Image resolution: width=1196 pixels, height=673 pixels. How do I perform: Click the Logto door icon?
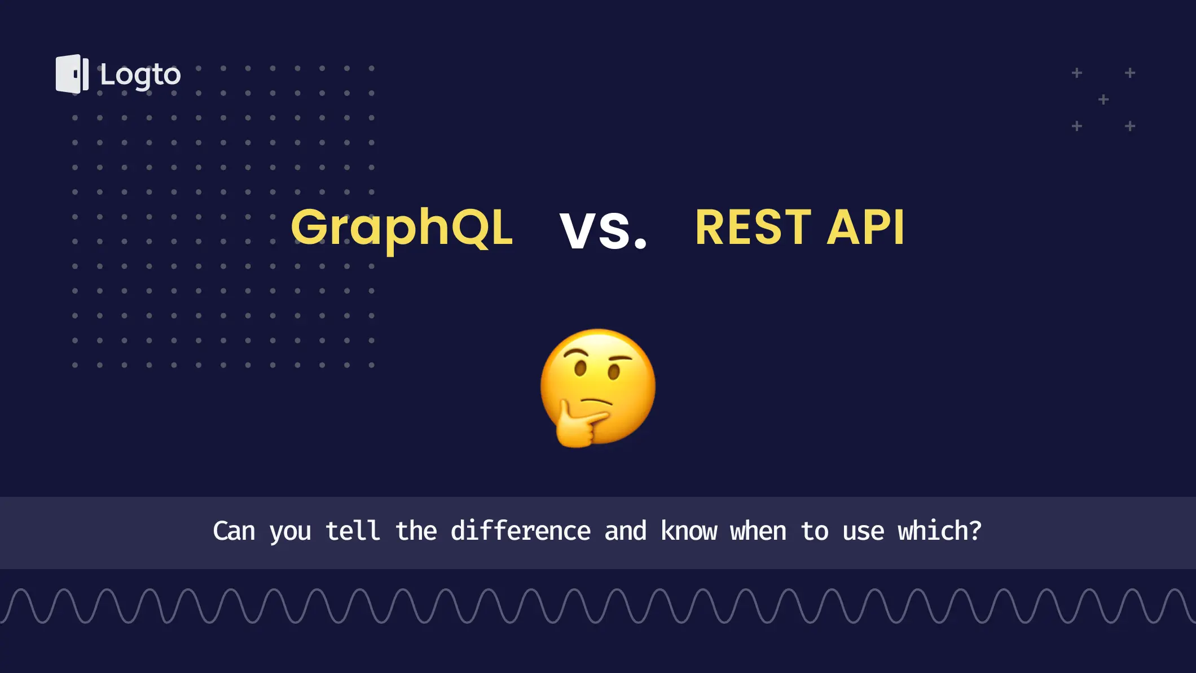coord(72,74)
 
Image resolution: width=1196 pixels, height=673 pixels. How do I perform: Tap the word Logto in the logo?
coord(140,76)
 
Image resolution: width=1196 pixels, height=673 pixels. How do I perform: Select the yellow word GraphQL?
coord(402,229)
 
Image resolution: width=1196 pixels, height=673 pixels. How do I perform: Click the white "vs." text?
coord(603,230)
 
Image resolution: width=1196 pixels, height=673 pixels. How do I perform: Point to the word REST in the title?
coord(753,228)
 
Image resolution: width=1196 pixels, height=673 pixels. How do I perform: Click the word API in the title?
coord(865,228)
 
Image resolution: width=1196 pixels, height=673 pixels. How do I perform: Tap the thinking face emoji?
coord(598,388)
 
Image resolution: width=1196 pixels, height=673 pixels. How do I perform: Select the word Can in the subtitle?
coord(234,531)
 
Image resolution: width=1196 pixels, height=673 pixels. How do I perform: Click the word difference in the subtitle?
coord(520,531)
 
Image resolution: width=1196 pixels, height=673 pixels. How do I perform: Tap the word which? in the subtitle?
coord(939,531)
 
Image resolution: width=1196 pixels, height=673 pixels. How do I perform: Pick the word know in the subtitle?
coord(689,531)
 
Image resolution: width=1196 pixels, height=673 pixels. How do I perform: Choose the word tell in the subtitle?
coord(353,531)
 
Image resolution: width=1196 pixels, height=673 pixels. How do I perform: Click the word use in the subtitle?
coord(863,532)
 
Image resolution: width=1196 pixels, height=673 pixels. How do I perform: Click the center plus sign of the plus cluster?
coord(1103,100)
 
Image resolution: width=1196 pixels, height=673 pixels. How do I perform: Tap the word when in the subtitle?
coord(758,531)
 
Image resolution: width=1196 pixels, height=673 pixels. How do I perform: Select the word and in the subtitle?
coord(626,531)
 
